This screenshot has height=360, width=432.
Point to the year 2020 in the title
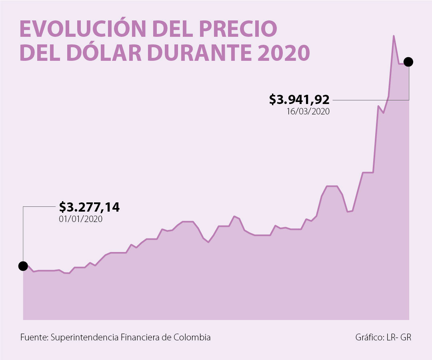[284, 53]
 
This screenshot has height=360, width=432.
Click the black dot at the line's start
[23, 266]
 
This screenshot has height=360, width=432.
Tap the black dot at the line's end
[408, 62]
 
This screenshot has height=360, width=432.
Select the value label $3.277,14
[89, 207]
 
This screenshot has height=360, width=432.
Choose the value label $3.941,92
[299, 99]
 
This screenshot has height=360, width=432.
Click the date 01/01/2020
[80, 219]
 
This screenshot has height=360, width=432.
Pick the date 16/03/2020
[308, 112]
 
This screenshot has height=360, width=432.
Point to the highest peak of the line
[394, 36]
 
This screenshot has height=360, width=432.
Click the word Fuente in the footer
[34, 337]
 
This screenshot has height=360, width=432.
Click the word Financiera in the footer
[140, 337]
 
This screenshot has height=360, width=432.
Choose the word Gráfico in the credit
[370, 337]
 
